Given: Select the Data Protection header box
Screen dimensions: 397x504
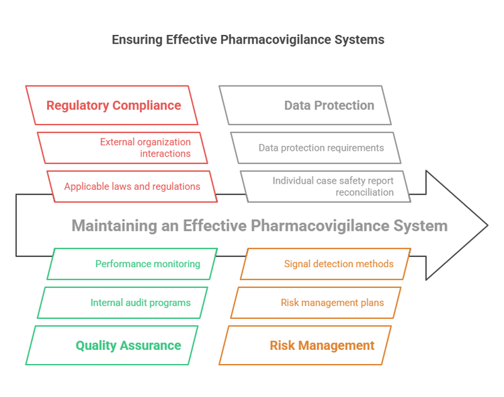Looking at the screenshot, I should (305, 105).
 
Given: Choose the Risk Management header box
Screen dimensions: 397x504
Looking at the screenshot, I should (305, 345).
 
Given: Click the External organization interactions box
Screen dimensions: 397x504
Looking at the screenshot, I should (122, 147).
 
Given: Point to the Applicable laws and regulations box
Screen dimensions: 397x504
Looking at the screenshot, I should (132, 186).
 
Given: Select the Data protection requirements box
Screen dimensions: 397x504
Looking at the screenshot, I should (316, 147).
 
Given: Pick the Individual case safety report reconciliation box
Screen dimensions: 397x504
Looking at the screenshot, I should (325, 186).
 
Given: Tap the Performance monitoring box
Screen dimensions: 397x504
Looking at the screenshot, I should (132, 264).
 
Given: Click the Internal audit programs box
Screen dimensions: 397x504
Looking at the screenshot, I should (122, 303).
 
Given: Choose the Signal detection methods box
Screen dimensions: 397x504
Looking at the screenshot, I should (325, 264).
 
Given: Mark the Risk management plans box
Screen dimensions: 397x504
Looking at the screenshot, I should (316, 303).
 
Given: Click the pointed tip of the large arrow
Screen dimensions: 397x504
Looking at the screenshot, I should (486, 225).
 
